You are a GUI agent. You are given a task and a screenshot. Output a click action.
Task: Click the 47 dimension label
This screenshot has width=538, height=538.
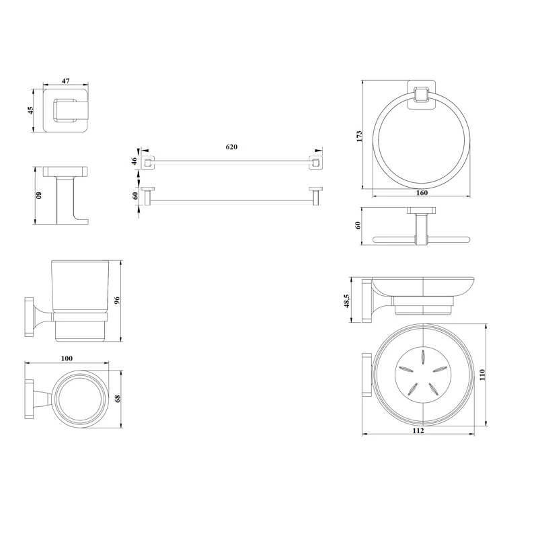pos(65,81)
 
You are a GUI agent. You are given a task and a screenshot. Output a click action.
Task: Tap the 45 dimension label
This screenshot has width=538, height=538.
pos(30,110)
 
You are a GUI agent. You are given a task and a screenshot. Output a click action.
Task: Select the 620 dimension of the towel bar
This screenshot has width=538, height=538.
pos(231,147)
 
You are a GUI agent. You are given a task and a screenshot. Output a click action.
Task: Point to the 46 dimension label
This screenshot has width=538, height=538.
pos(135,160)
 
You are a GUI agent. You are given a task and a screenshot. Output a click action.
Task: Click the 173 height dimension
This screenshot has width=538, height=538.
pos(359,137)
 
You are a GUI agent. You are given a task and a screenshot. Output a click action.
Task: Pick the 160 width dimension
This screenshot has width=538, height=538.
pos(422,193)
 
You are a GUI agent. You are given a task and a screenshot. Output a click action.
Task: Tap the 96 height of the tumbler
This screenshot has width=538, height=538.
pos(117,301)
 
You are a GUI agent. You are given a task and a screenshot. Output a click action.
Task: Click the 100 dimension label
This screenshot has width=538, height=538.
pos(67,358)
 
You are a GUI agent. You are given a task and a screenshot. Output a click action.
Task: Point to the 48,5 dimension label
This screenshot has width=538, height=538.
pos(346,301)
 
